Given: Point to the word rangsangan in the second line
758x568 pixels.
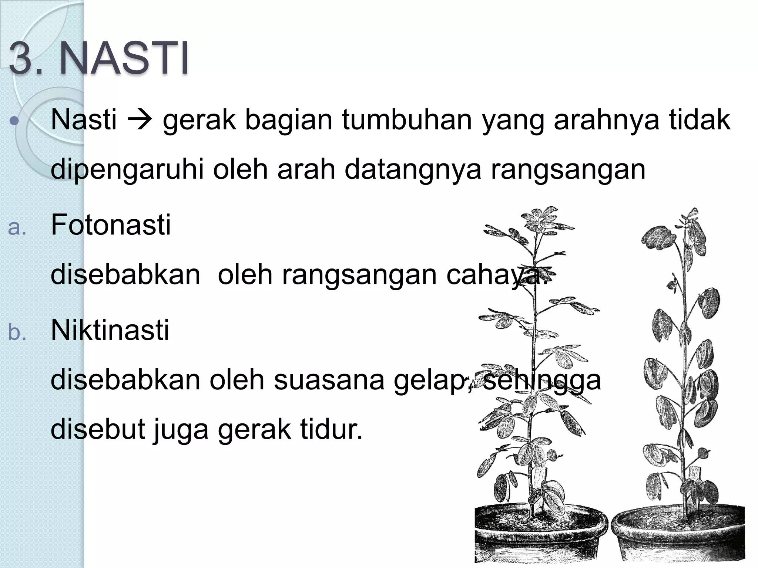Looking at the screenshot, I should tap(568, 169).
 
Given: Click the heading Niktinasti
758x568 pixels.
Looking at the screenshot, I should tap(110, 330).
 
